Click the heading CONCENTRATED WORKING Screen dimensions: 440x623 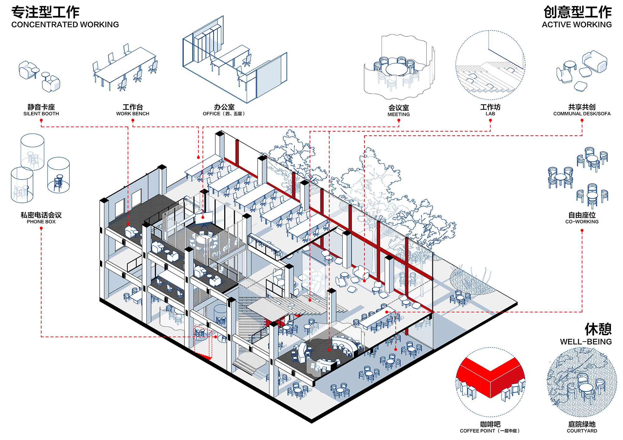65,25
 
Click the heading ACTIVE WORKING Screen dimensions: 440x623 577,25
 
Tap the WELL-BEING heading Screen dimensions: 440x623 586,342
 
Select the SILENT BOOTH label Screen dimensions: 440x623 41,114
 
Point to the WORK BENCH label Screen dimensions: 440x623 133,114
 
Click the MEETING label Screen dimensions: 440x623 399,115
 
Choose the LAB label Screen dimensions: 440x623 490,114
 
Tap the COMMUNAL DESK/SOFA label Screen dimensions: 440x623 582,114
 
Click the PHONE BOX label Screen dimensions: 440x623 41,222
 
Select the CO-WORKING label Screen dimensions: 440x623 582,222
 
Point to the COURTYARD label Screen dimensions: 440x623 582,431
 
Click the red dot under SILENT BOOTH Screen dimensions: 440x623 41,120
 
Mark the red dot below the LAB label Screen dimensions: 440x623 490,120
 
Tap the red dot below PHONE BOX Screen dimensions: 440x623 41,228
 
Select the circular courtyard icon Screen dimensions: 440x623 582,382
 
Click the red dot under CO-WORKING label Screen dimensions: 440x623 582,231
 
